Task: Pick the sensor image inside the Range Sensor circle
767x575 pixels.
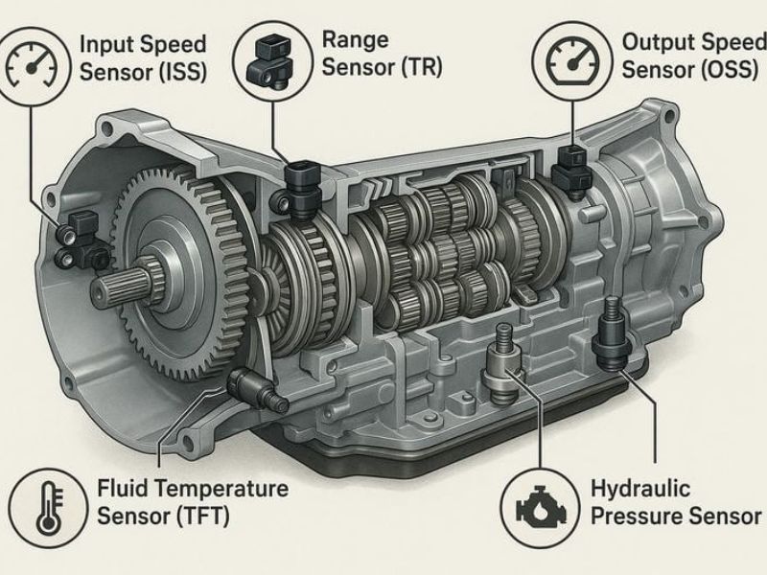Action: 270,60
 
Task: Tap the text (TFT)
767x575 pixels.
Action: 203,516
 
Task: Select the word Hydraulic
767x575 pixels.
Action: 640,489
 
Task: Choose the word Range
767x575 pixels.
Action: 356,40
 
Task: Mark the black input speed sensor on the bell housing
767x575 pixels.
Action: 81,241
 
